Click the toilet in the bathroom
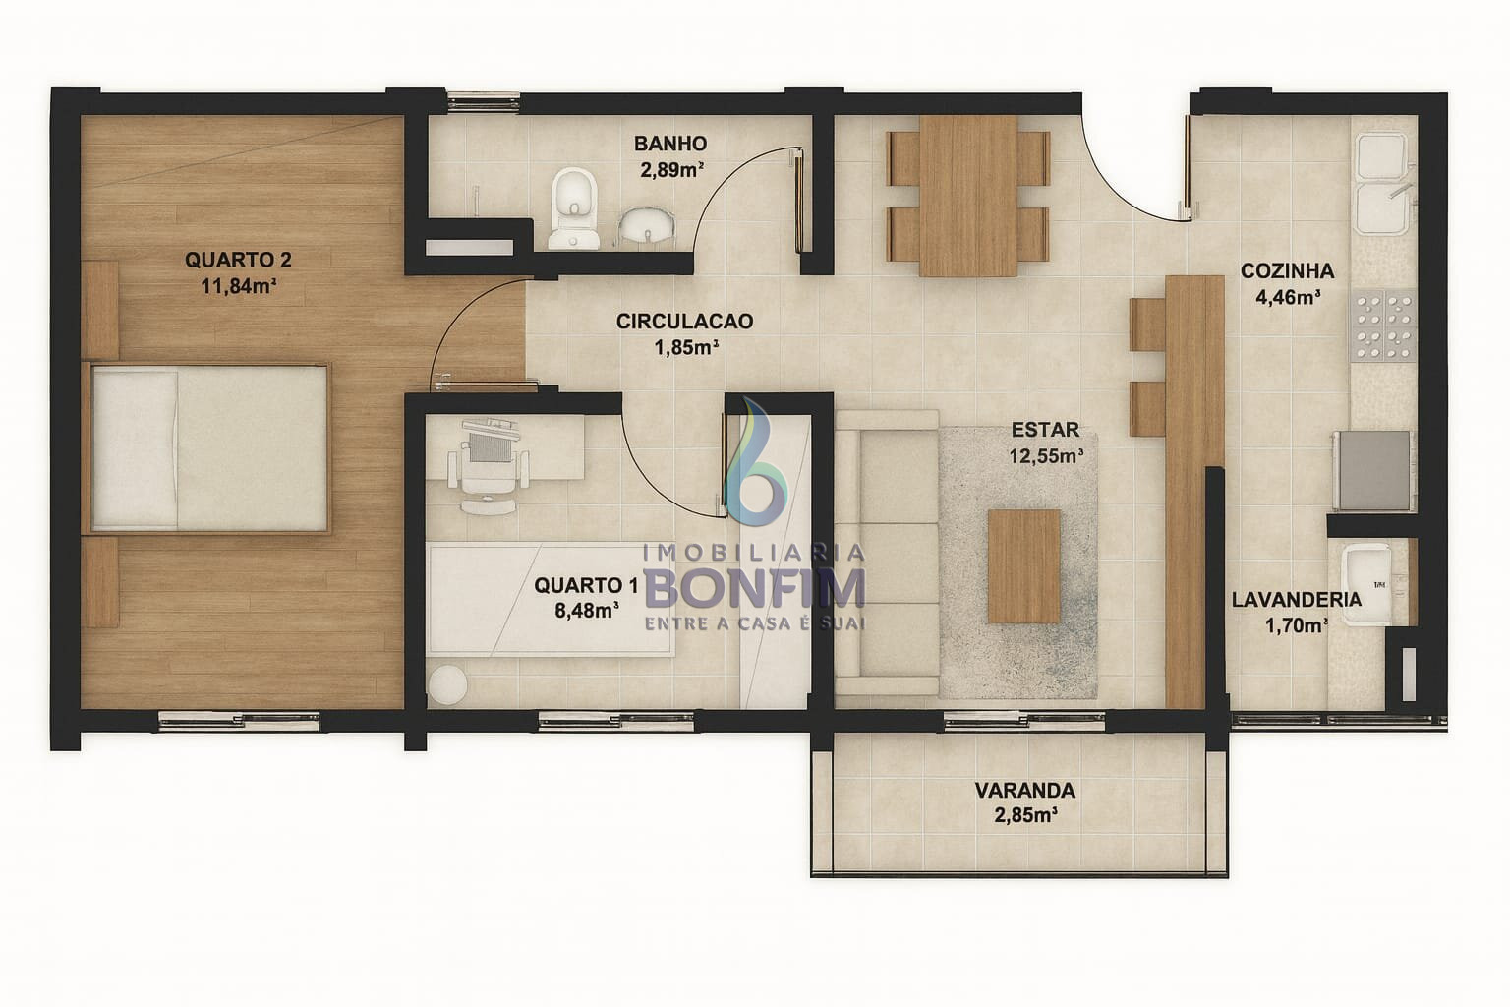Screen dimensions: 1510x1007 (x=574, y=208)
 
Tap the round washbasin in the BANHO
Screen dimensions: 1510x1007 (x=647, y=224)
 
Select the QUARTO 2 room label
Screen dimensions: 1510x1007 (x=238, y=260)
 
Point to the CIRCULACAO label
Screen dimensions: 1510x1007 (x=684, y=321)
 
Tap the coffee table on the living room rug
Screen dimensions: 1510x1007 (x=1024, y=565)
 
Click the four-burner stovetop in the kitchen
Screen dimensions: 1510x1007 (x=1384, y=326)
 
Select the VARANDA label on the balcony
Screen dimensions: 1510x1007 (x=1024, y=790)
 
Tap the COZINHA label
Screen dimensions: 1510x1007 (x=1288, y=270)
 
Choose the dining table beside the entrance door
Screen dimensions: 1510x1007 (x=968, y=196)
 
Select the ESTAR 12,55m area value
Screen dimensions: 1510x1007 (x=1046, y=456)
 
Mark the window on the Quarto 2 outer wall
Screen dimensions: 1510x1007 (x=239, y=722)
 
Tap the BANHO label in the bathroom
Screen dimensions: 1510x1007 (x=670, y=144)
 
